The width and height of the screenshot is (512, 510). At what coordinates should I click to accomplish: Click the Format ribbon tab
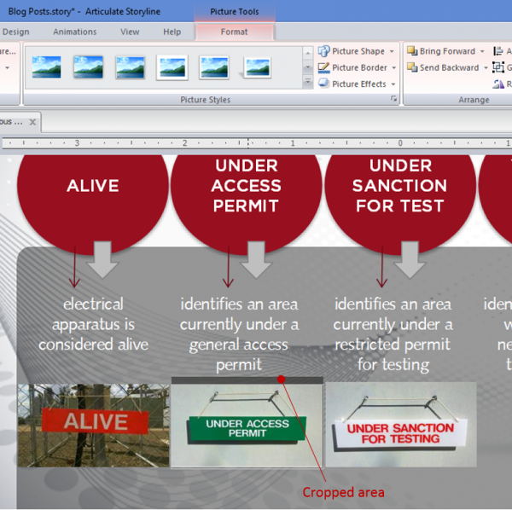pos(234,32)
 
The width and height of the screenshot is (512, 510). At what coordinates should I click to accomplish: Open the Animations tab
pos(75,32)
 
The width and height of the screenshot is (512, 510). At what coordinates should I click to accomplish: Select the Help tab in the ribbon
pos(172,32)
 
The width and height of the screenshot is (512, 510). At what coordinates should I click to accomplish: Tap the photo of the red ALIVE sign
pos(94,424)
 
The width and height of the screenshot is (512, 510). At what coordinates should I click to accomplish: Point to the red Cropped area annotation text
pos(344,492)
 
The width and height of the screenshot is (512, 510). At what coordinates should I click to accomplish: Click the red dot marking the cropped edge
pos(281,378)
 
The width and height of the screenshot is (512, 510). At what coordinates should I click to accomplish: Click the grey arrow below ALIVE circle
pos(103,259)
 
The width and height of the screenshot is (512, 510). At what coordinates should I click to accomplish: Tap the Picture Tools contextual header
pos(235,12)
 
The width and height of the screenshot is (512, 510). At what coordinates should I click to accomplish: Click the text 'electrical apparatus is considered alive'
pos(93,324)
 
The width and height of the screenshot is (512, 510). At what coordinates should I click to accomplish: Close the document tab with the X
pos(32,122)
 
